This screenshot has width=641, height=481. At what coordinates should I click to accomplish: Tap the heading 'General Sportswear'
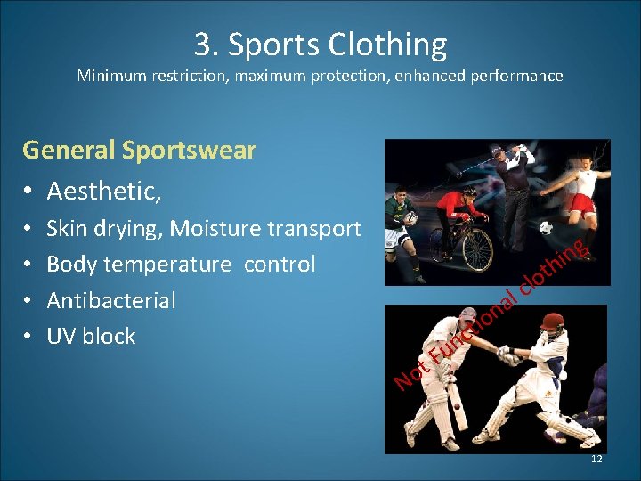click(x=139, y=150)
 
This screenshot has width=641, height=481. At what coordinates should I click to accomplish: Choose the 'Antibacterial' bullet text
click(x=110, y=300)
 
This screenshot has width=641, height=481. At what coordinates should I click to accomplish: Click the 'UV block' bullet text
click(x=91, y=336)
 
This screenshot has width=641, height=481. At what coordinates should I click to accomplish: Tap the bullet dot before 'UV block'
click(x=29, y=337)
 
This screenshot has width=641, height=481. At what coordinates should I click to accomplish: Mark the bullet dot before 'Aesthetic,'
click(x=29, y=192)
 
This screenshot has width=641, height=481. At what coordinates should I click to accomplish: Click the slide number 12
click(x=596, y=459)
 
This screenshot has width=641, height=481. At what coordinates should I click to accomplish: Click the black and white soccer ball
click(x=546, y=228)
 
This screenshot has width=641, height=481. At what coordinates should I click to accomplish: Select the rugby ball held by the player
click(x=410, y=217)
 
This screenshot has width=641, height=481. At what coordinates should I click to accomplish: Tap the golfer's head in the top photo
click(x=499, y=155)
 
